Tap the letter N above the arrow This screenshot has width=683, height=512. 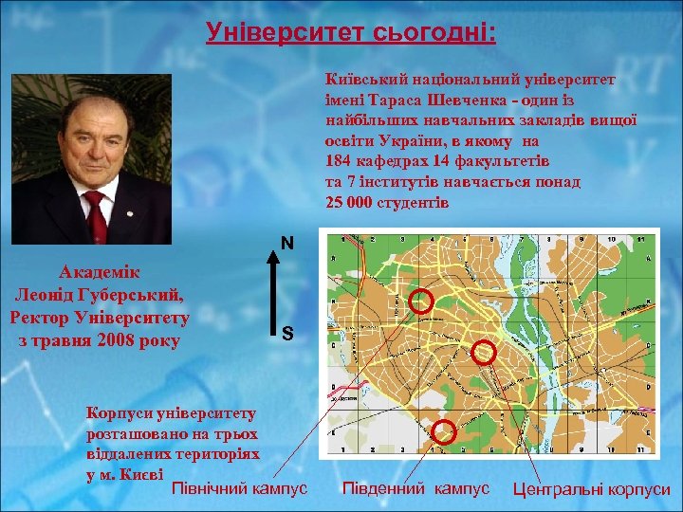click(286, 244)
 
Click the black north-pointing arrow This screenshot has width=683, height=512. click(273, 294)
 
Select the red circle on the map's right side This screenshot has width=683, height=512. click(484, 352)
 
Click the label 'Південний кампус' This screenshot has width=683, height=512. click(415, 487)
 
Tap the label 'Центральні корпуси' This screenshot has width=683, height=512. click(591, 490)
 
